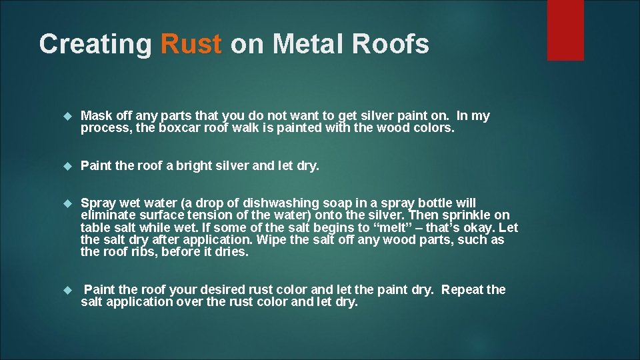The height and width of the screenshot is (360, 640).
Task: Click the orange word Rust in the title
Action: pyautogui.click(x=191, y=45)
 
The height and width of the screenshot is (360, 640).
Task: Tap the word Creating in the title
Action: pyautogui.click(x=95, y=45)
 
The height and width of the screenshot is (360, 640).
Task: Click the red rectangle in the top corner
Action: pyautogui.click(x=565, y=30)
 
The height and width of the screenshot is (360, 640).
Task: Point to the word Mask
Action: pyautogui.click(x=95, y=116)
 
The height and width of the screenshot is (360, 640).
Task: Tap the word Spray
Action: pyautogui.click(x=97, y=202)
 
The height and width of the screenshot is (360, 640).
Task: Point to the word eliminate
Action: pyautogui.click(x=105, y=215)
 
